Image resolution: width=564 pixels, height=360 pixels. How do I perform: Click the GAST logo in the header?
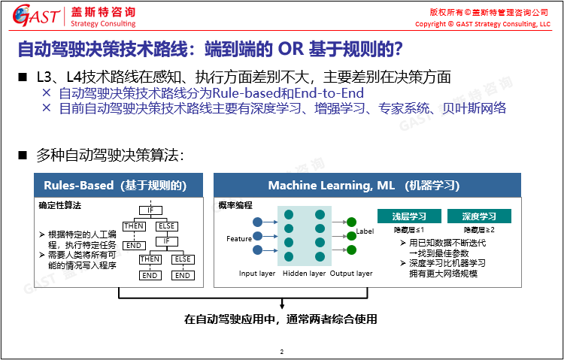pos(36,16)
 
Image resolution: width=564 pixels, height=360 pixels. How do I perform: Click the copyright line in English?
pos(483,24)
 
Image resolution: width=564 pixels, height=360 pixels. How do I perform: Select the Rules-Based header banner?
pos(118,185)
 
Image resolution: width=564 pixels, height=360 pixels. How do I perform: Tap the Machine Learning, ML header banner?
pos(367,185)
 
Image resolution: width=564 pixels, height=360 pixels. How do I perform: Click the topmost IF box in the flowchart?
pos(150,210)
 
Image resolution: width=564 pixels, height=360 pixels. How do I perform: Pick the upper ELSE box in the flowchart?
pos(166,226)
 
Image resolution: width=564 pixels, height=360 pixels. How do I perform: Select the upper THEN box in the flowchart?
pos(134,226)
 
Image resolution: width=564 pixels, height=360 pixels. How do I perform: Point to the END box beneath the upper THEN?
pos(134,246)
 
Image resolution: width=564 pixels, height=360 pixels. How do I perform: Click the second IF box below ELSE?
pos(166,241)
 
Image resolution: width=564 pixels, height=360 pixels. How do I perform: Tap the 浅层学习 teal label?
pos(409,216)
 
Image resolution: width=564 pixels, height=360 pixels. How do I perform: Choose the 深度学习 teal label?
pos(479,216)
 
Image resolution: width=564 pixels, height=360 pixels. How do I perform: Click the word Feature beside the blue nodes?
pos(239,239)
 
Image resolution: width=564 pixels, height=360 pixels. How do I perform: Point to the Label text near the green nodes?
pos(365,231)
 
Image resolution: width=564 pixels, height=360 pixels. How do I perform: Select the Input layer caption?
pos(257,274)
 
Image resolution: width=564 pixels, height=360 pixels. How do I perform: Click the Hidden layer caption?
pos(305,274)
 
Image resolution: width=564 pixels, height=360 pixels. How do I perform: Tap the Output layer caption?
pos(351,274)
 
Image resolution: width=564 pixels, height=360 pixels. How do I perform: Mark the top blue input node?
pos(257,222)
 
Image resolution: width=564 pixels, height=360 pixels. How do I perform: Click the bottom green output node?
pos(351,250)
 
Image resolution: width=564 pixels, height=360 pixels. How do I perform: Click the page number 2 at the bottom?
pos(282,352)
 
